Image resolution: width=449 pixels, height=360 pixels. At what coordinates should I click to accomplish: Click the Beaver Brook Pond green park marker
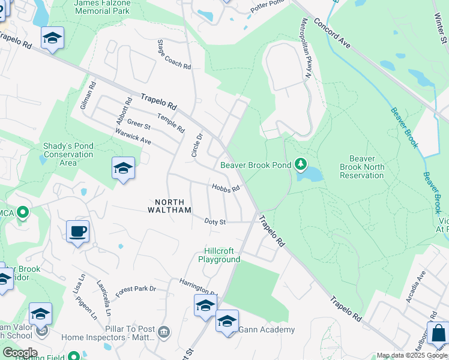pyautogui.click(x=301, y=164)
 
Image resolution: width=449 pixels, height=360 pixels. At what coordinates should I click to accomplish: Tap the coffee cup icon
pyautogui.click(x=78, y=231)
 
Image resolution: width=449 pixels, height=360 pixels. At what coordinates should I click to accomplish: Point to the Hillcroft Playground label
pyautogui.click(x=221, y=255)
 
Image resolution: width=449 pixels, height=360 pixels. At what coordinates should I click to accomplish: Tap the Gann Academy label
pyautogui.click(x=267, y=329)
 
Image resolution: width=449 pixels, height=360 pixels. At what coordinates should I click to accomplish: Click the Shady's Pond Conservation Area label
pyautogui.click(x=68, y=154)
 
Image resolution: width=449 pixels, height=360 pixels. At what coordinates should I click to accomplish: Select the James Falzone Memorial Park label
pyautogui.click(x=101, y=7)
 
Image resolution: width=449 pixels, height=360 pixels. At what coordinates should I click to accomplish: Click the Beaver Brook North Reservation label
pyautogui.click(x=361, y=171)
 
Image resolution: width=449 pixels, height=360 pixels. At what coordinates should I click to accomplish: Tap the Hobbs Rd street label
pyautogui.click(x=226, y=187)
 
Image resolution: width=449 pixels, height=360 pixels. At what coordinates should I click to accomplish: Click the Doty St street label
pyautogui.click(x=214, y=221)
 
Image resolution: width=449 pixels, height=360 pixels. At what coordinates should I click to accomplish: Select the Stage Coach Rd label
pyautogui.click(x=174, y=55)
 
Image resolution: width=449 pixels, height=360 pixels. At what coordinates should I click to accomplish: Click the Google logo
pyautogui.click(x=19, y=353)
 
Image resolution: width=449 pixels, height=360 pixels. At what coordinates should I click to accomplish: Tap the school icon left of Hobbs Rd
pyautogui.click(x=123, y=168)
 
